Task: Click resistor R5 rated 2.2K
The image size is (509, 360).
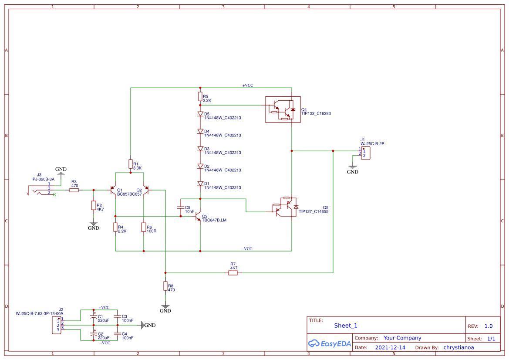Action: pos(200,96)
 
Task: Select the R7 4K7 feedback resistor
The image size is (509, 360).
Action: pos(233,273)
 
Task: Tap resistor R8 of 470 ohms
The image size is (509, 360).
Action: pos(165,286)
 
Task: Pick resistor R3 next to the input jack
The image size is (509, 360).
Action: pos(74,190)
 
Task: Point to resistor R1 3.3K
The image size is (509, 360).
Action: pos(130,164)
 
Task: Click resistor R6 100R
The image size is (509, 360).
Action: pos(143,227)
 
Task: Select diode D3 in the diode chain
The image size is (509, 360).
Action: pos(200,149)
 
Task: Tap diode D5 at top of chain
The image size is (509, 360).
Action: pos(200,114)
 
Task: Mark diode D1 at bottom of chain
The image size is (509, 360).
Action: pos(200,183)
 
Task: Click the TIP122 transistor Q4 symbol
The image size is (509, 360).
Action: pos(283,109)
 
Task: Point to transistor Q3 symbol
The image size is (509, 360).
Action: pos(198,216)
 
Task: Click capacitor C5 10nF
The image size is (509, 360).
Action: pos(180,207)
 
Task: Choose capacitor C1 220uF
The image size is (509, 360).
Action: pos(93,317)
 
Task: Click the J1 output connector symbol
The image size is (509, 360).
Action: pos(365,153)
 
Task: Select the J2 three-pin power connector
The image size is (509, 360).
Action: pos(57,325)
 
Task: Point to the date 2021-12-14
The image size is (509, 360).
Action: pos(390,347)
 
